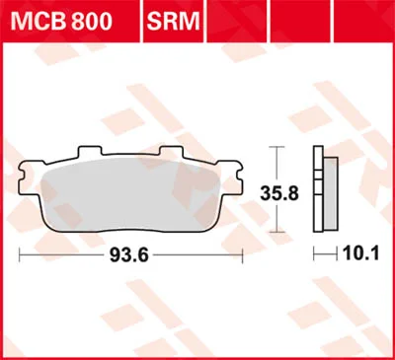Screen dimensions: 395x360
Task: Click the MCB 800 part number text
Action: pyautogui.click(x=61, y=22)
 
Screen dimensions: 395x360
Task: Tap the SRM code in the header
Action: pyautogui.click(x=173, y=22)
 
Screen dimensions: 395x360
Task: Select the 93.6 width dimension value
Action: pyautogui.click(x=129, y=255)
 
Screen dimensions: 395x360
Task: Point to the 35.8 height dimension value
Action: pyautogui.click(x=279, y=193)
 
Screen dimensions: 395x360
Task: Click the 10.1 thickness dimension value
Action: pyautogui.click(x=361, y=253)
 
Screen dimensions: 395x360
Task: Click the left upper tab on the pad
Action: pyautogui.click(x=90, y=151)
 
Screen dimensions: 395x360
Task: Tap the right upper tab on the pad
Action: pyautogui.click(x=171, y=151)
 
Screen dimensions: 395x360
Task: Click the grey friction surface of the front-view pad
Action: pyautogui.click(x=130, y=194)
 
